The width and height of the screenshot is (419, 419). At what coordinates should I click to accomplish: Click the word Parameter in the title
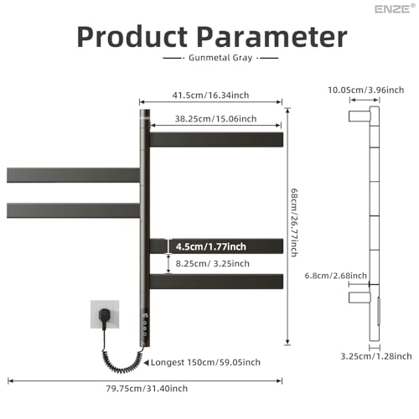click(x=272, y=37)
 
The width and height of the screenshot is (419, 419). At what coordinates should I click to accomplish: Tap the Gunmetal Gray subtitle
click(x=220, y=58)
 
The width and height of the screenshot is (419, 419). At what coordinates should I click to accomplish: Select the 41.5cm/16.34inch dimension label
click(x=210, y=96)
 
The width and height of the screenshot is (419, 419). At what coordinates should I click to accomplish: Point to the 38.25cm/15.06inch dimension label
click(x=215, y=119)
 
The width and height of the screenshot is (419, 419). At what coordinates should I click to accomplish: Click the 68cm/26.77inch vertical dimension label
click(x=294, y=222)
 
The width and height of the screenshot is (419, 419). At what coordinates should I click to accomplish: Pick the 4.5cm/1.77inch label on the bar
click(x=211, y=246)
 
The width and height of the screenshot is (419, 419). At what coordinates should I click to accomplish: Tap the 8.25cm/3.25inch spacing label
click(x=212, y=263)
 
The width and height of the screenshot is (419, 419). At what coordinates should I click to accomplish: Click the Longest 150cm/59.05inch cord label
click(x=205, y=362)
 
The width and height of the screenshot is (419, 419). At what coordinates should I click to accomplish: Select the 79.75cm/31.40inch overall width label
click(x=147, y=388)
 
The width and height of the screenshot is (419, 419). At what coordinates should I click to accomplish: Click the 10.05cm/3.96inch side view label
click(x=366, y=90)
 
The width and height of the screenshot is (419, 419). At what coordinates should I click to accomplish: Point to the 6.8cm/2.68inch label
click(x=335, y=276)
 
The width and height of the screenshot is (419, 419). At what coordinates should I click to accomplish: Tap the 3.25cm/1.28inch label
click(x=376, y=356)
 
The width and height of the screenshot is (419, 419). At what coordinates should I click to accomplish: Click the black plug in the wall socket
click(x=104, y=316)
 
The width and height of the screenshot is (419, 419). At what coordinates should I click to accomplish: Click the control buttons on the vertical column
click(x=145, y=325)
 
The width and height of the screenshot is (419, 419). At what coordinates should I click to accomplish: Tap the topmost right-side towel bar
click(x=216, y=140)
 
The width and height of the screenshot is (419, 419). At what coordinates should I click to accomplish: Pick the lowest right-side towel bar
click(x=216, y=282)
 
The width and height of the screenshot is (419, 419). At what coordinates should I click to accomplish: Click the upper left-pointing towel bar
click(x=73, y=175)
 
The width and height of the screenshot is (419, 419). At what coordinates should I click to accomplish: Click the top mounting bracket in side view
click(x=360, y=116)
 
